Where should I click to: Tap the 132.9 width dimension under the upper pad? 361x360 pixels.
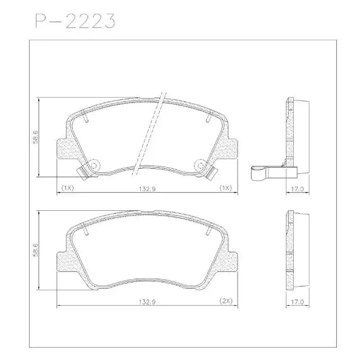pyautogui.click(x=147, y=189)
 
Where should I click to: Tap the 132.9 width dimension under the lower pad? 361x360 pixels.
pyautogui.click(x=147, y=302)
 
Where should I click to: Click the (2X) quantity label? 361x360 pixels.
pyautogui.click(x=225, y=302)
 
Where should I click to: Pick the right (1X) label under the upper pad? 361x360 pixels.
pyautogui.click(x=225, y=189)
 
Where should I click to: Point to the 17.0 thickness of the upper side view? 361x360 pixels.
pyautogui.click(x=297, y=189)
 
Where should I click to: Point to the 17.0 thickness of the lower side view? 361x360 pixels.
pyautogui.click(x=297, y=302)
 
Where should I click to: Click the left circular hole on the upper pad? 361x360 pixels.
pyautogui.click(x=94, y=165)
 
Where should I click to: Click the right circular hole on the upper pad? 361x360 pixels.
pyautogui.click(x=200, y=165)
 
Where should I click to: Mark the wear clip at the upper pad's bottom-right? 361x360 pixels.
pyautogui.click(x=211, y=173)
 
